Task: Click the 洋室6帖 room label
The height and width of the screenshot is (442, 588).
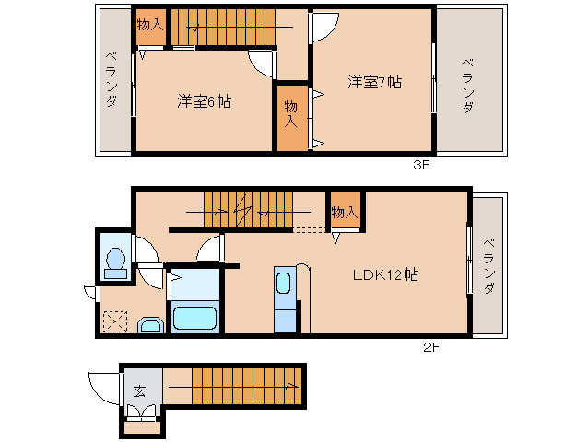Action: click(204, 101)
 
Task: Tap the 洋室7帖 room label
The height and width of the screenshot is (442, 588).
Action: click(374, 81)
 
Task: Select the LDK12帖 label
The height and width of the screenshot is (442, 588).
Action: click(385, 274)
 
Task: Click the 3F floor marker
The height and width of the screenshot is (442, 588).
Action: click(421, 166)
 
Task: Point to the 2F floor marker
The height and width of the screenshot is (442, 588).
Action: click(431, 347)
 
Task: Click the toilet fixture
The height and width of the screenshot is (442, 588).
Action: click(115, 262)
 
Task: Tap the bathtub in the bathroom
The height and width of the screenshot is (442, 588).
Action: click(194, 319)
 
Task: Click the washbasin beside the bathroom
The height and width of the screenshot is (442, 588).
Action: click(148, 324)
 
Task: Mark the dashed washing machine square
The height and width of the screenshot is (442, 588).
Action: click(116, 321)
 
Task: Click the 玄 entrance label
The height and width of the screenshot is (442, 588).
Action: click(140, 390)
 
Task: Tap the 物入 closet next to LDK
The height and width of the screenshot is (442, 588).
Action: click(345, 212)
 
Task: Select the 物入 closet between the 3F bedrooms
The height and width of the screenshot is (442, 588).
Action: click(291, 114)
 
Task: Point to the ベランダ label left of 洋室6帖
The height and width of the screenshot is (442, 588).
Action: click(112, 80)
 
